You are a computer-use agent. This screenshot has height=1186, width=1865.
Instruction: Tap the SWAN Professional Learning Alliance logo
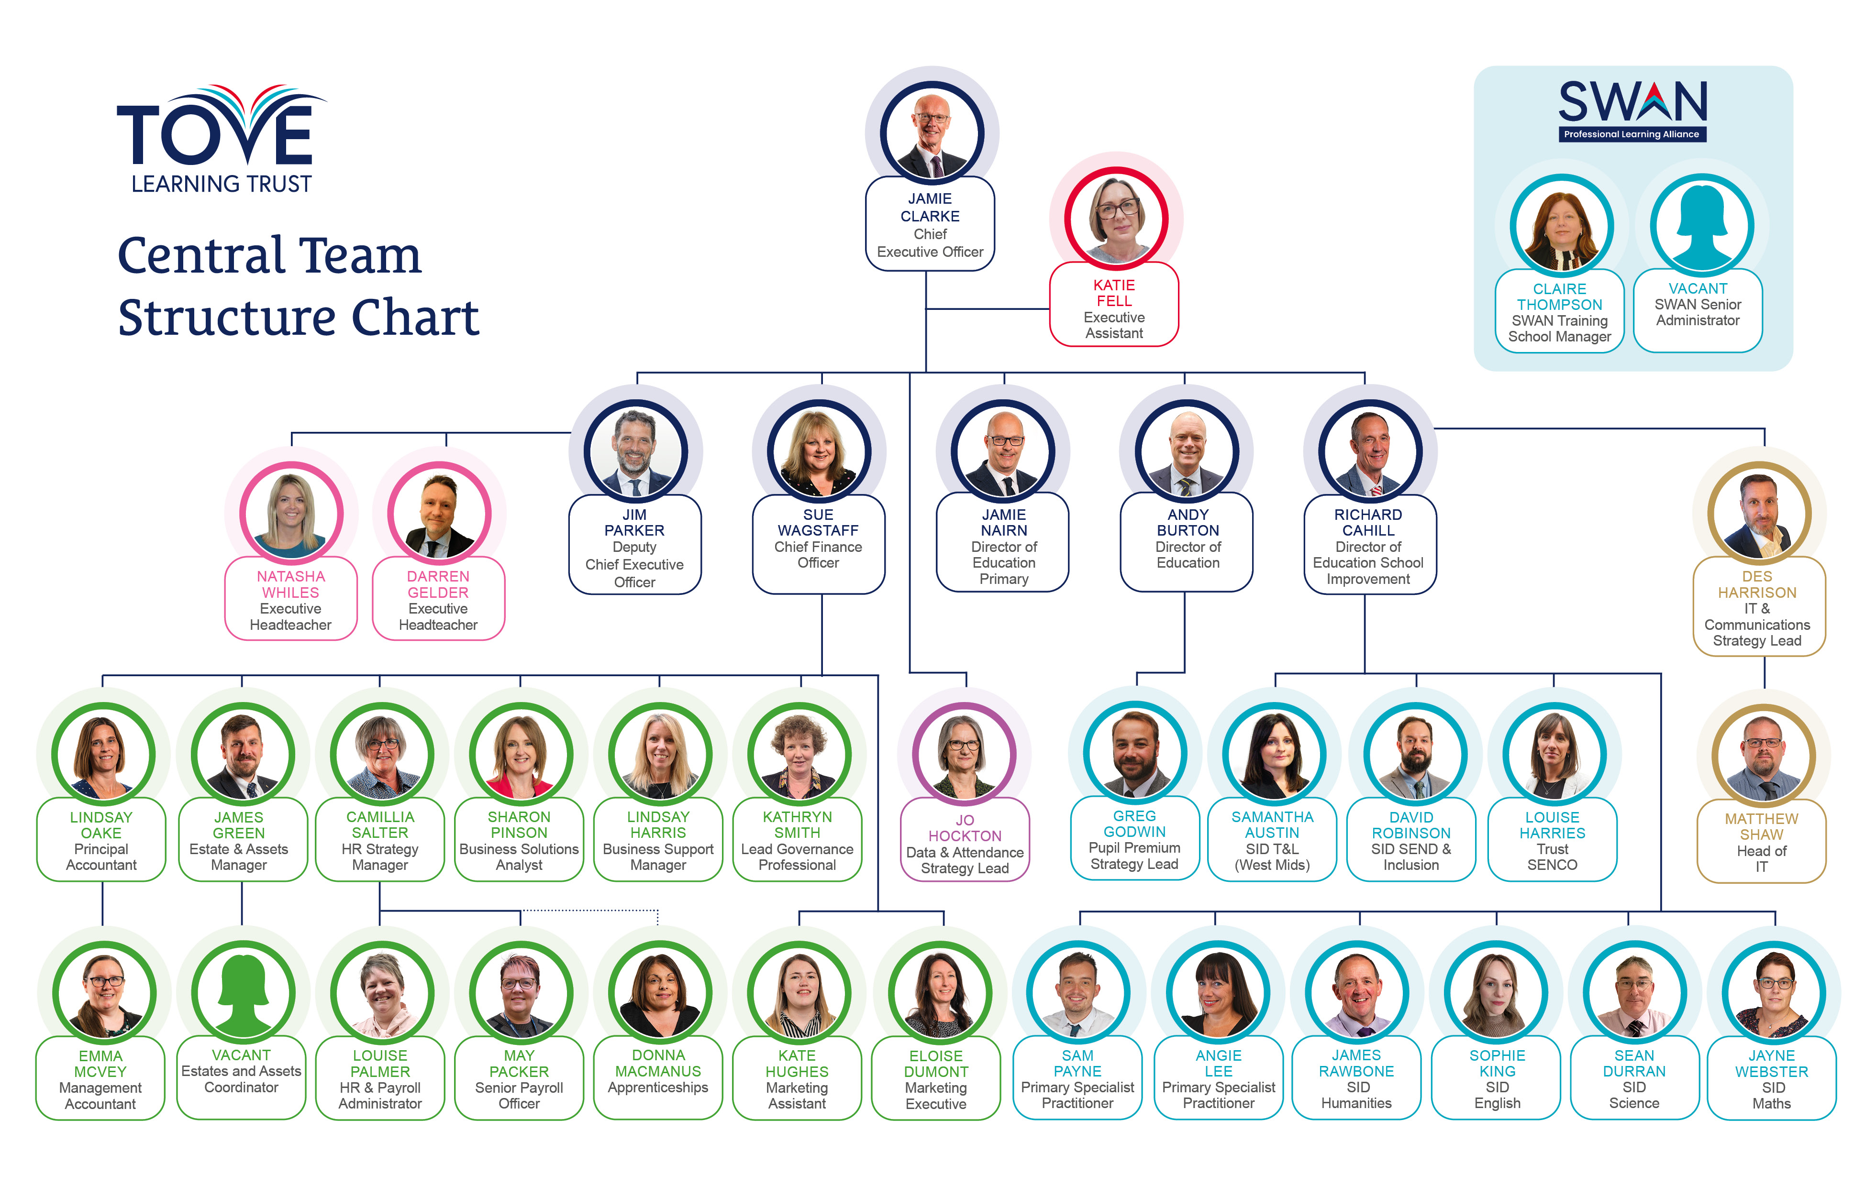pos(1632,110)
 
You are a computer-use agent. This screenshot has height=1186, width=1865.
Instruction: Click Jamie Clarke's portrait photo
pos(932,133)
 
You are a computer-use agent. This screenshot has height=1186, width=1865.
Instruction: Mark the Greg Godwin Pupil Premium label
pos(1134,839)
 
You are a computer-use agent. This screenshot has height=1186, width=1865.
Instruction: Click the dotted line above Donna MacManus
pos(588,911)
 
